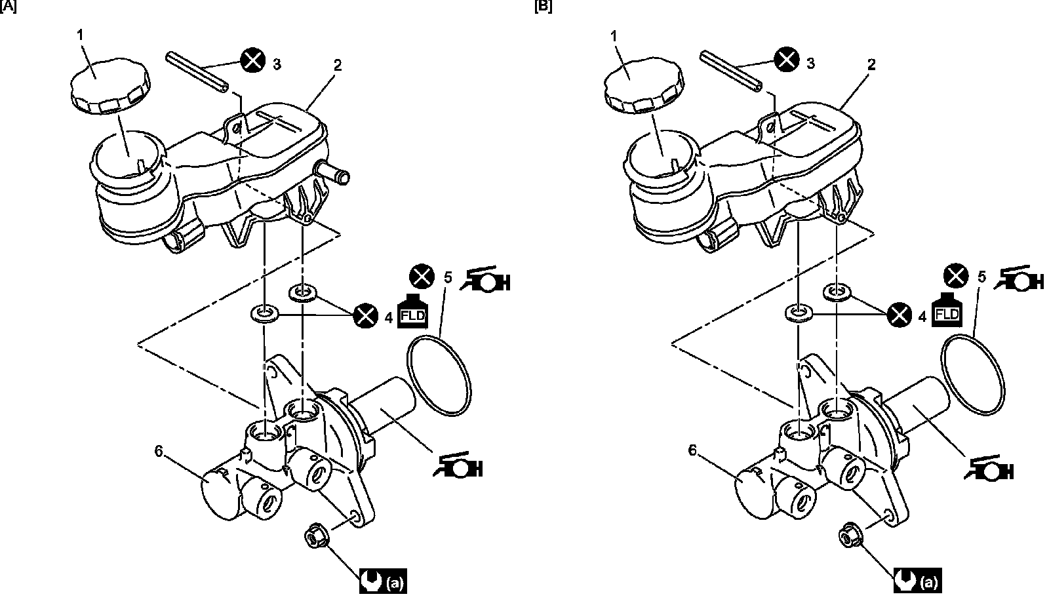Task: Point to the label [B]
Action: (544, 7)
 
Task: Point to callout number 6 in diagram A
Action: (158, 450)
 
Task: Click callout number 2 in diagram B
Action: (871, 64)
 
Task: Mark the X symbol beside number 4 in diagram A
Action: (365, 316)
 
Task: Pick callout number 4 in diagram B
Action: (923, 318)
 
